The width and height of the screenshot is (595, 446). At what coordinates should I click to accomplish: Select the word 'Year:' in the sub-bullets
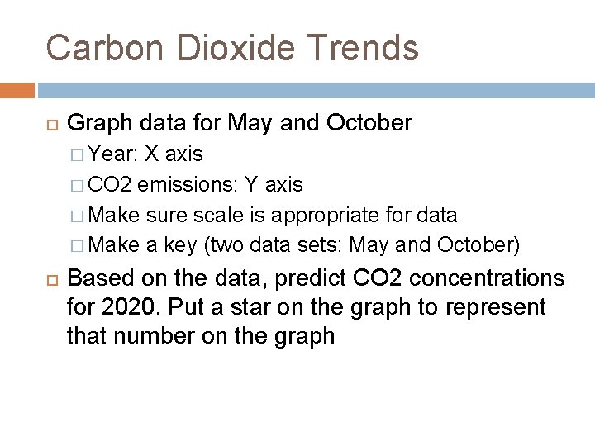113,154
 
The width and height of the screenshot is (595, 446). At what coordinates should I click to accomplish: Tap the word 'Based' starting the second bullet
98,278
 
